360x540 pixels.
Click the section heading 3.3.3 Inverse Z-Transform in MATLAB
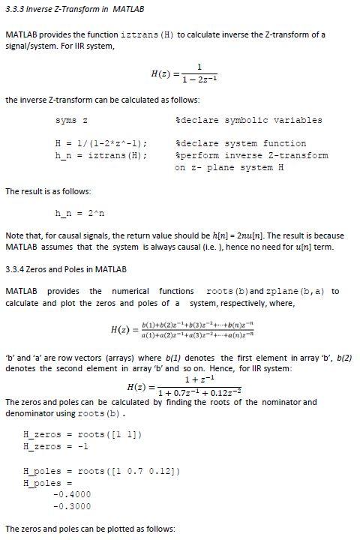(74, 9)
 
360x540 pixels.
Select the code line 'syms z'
(72, 120)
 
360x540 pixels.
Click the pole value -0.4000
(68, 494)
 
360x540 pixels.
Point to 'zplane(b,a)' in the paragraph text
(301, 291)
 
